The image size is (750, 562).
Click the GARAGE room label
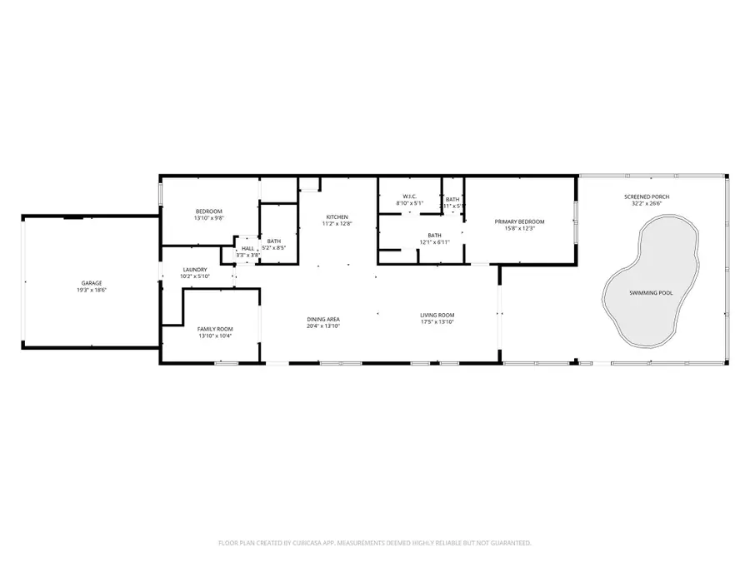coord(92,283)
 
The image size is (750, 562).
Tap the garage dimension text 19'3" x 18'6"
coord(92,290)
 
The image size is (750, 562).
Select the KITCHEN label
coord(337,216)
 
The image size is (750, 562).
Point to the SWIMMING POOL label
coord(652,292)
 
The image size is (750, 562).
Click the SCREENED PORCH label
coord(647,196)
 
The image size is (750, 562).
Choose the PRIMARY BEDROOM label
coord(519,221)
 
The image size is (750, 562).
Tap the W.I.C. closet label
coord(408,196)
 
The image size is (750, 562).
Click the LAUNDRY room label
coord(194,270)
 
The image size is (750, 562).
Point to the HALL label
coord(248,248)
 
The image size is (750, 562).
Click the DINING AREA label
coord(323,319)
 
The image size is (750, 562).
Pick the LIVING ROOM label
coord(437,315)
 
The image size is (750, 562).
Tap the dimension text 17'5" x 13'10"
coord(437,321)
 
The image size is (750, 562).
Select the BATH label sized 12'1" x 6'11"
coord(434,235)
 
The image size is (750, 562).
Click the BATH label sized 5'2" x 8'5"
coord(274,241)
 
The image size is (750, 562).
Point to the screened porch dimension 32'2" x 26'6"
coord(647,203)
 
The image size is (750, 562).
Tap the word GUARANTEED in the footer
coord(507,543)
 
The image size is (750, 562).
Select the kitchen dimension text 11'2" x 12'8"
coord(337,223)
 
